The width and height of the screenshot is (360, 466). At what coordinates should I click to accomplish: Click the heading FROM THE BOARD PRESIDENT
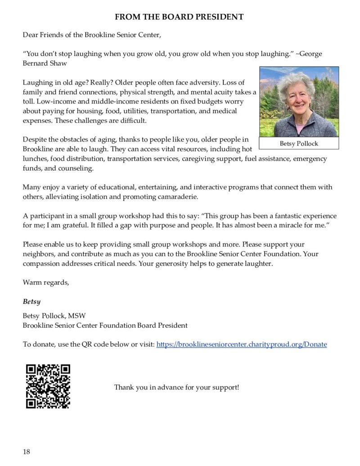tap(179, 17)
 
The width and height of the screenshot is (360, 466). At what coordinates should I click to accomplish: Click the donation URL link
tap(241, 344)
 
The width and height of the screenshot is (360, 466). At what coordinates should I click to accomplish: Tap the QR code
tap(48, 386)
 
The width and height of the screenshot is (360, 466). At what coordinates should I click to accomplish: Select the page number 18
tap(27, 452)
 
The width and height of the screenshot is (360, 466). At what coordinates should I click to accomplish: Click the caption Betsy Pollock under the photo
tap(299, 143)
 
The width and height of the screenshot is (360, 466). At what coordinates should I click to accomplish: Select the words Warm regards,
tap(46, 282)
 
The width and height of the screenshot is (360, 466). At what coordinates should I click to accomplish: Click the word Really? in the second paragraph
tap(100, 82)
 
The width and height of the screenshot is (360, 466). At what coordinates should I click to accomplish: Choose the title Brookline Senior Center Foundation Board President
tap(105, 325)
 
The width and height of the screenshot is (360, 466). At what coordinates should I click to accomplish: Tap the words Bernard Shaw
tap(45, 63)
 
